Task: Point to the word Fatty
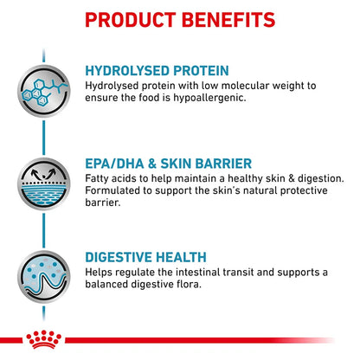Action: [x=101, y=177]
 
